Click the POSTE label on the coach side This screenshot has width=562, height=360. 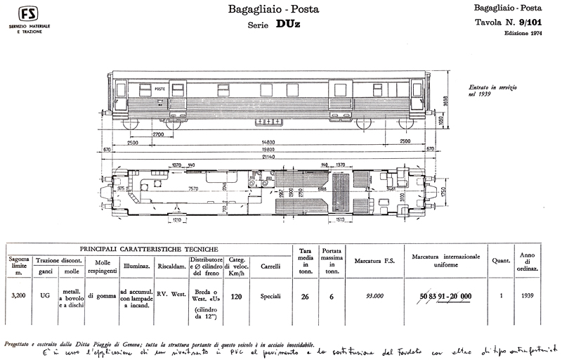(x=159, y=89)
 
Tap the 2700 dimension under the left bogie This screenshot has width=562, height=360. (x=157, y=134)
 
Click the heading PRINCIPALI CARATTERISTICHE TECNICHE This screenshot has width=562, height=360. (x=148, y=250)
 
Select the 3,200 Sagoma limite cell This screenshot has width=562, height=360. (x=20, y=297)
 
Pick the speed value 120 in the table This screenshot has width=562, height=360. (x=237, y=297)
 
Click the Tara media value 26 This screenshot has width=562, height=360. (x=305, y=297)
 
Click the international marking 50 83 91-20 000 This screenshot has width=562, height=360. (x=445, y=297)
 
